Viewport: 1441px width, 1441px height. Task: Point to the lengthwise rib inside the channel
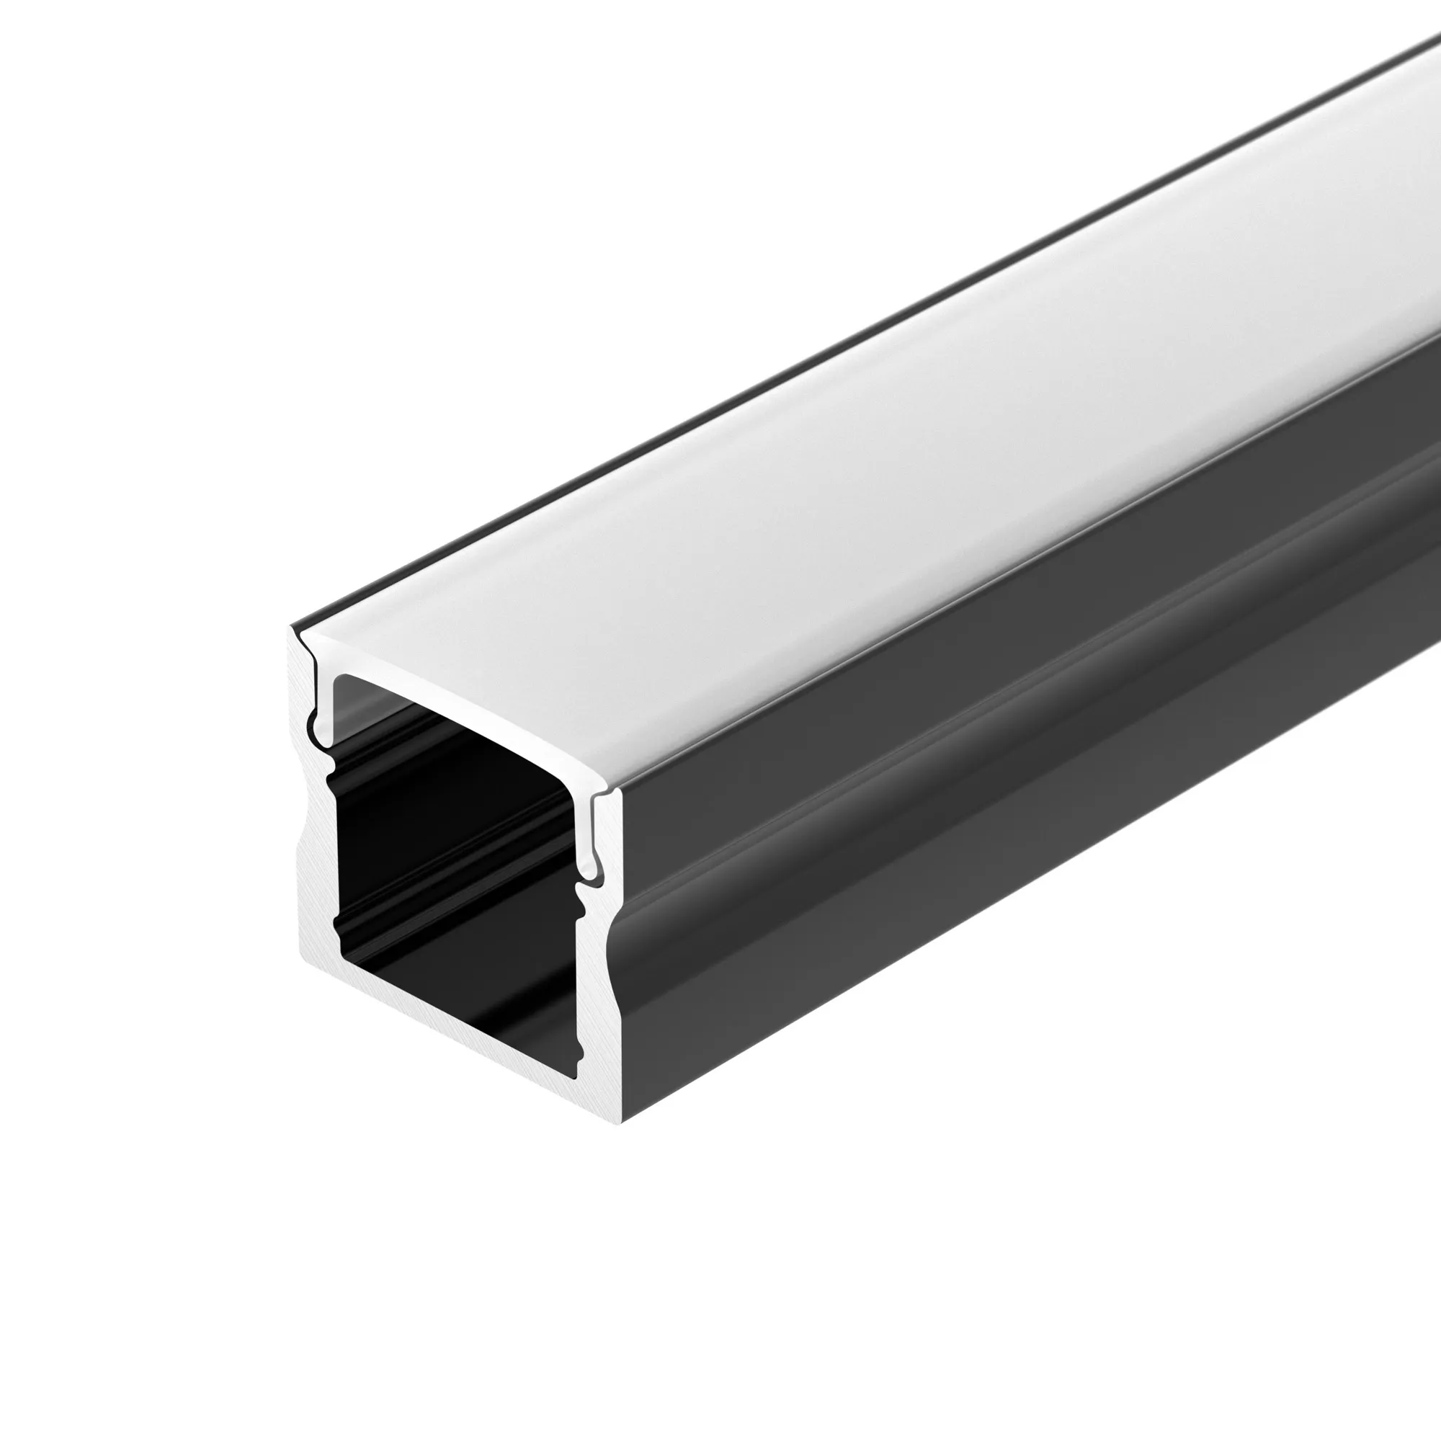tap(447, 895)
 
